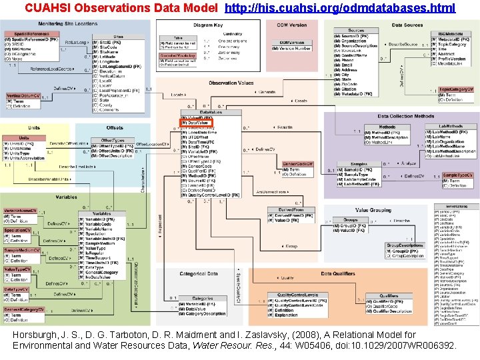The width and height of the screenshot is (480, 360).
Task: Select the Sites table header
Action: [118, 37]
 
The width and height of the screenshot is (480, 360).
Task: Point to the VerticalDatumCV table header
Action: [24, 96]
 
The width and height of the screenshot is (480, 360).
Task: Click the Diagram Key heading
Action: [209, 25]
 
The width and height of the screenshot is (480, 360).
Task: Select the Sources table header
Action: [356, 31]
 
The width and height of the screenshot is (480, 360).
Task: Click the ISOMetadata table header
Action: [453, 33]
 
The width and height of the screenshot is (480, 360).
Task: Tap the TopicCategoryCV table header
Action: [456, 89]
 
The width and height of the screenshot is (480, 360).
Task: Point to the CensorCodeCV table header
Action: [298, 163]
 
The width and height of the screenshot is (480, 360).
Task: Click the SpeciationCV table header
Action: [22, 230]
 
